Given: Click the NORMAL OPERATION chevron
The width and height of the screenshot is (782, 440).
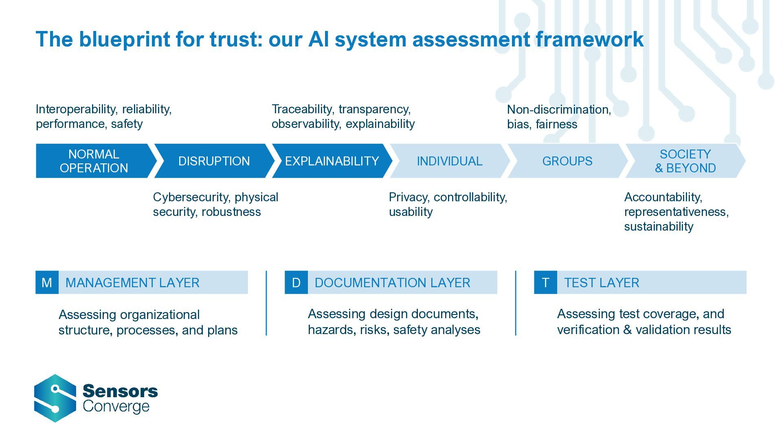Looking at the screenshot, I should [94, 161].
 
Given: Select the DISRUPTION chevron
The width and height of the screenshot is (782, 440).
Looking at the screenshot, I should [214, 161].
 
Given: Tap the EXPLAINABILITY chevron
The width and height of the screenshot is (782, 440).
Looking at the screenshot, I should [332, 161].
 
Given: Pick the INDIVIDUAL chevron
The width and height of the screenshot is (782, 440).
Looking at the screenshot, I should [449, 161].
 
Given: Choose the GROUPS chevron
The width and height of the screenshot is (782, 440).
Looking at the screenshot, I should [567, 161].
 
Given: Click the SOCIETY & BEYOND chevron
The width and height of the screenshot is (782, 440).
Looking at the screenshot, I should [685, 161].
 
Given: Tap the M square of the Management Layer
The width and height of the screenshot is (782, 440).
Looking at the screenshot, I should [47, 282].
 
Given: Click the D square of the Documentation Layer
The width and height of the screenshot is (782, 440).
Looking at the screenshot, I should [296, 282].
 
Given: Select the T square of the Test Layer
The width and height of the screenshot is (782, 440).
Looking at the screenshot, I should [545, 282].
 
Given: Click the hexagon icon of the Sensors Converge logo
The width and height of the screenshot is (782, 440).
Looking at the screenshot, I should [55, 398].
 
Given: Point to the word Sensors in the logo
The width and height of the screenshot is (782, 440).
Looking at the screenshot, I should [120, 391].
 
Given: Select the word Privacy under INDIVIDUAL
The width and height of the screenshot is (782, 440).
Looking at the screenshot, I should [409, 197].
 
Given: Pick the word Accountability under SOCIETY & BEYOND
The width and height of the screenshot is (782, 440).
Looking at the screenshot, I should [663, 197].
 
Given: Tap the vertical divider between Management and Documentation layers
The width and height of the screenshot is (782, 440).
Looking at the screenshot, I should [266, 303].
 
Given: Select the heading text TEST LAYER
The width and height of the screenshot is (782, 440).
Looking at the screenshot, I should [602, 282].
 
